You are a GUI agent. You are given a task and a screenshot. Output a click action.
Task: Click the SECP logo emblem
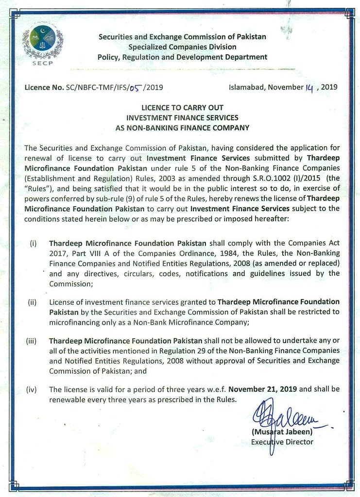tap(42, 43)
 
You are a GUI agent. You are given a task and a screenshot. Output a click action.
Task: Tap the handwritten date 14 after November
tap(309, 87)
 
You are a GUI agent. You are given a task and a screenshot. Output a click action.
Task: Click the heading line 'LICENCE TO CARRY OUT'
tap(182, 107)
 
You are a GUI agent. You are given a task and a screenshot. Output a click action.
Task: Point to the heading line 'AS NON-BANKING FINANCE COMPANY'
tap(182, 128)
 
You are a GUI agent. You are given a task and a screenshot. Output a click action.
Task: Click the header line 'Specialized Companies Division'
tap(182, 47)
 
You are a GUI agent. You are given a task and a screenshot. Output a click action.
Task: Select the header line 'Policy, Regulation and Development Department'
tap(182, 57)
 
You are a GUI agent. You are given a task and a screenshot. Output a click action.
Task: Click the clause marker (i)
tap(33, 243)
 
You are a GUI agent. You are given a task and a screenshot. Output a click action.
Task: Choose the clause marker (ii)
tap(33, 302)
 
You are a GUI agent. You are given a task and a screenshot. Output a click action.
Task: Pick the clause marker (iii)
tap(32, 341)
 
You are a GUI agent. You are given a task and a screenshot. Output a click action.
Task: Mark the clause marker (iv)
tap(32, 389)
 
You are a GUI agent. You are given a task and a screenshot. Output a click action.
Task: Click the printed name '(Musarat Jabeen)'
tap(282, 432)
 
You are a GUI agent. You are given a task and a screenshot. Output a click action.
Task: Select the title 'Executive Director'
tap(282, 442)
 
